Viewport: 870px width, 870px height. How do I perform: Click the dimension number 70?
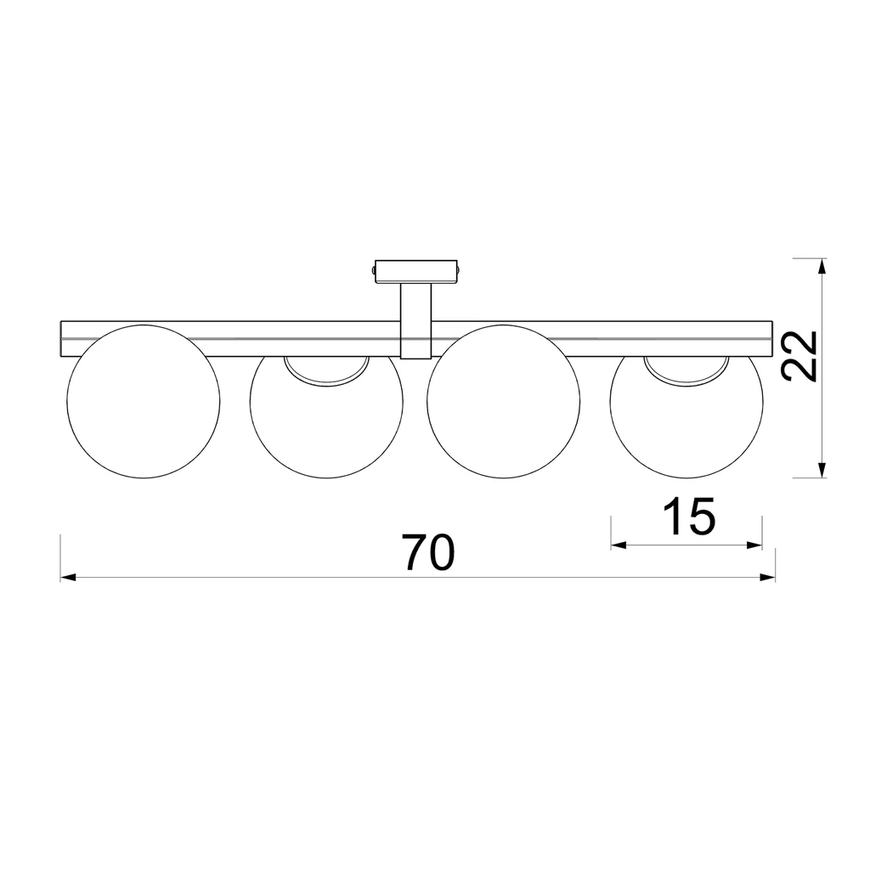(x=430, y=553)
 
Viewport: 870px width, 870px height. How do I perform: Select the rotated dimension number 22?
(x=799, y=356)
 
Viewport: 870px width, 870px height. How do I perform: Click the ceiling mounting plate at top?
(x=417, y=271)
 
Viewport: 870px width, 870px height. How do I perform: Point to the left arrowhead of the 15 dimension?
(x=619, y=545)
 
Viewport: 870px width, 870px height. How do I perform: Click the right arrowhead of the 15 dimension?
(x=754, y=545)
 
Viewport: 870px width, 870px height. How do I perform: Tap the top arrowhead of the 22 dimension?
(x=821, y=266)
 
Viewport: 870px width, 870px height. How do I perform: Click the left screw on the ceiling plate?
(x=373, y=270)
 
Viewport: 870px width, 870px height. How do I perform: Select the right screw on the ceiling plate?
(x=460, y=270)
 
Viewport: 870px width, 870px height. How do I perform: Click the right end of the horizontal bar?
(x=770, y=338)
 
